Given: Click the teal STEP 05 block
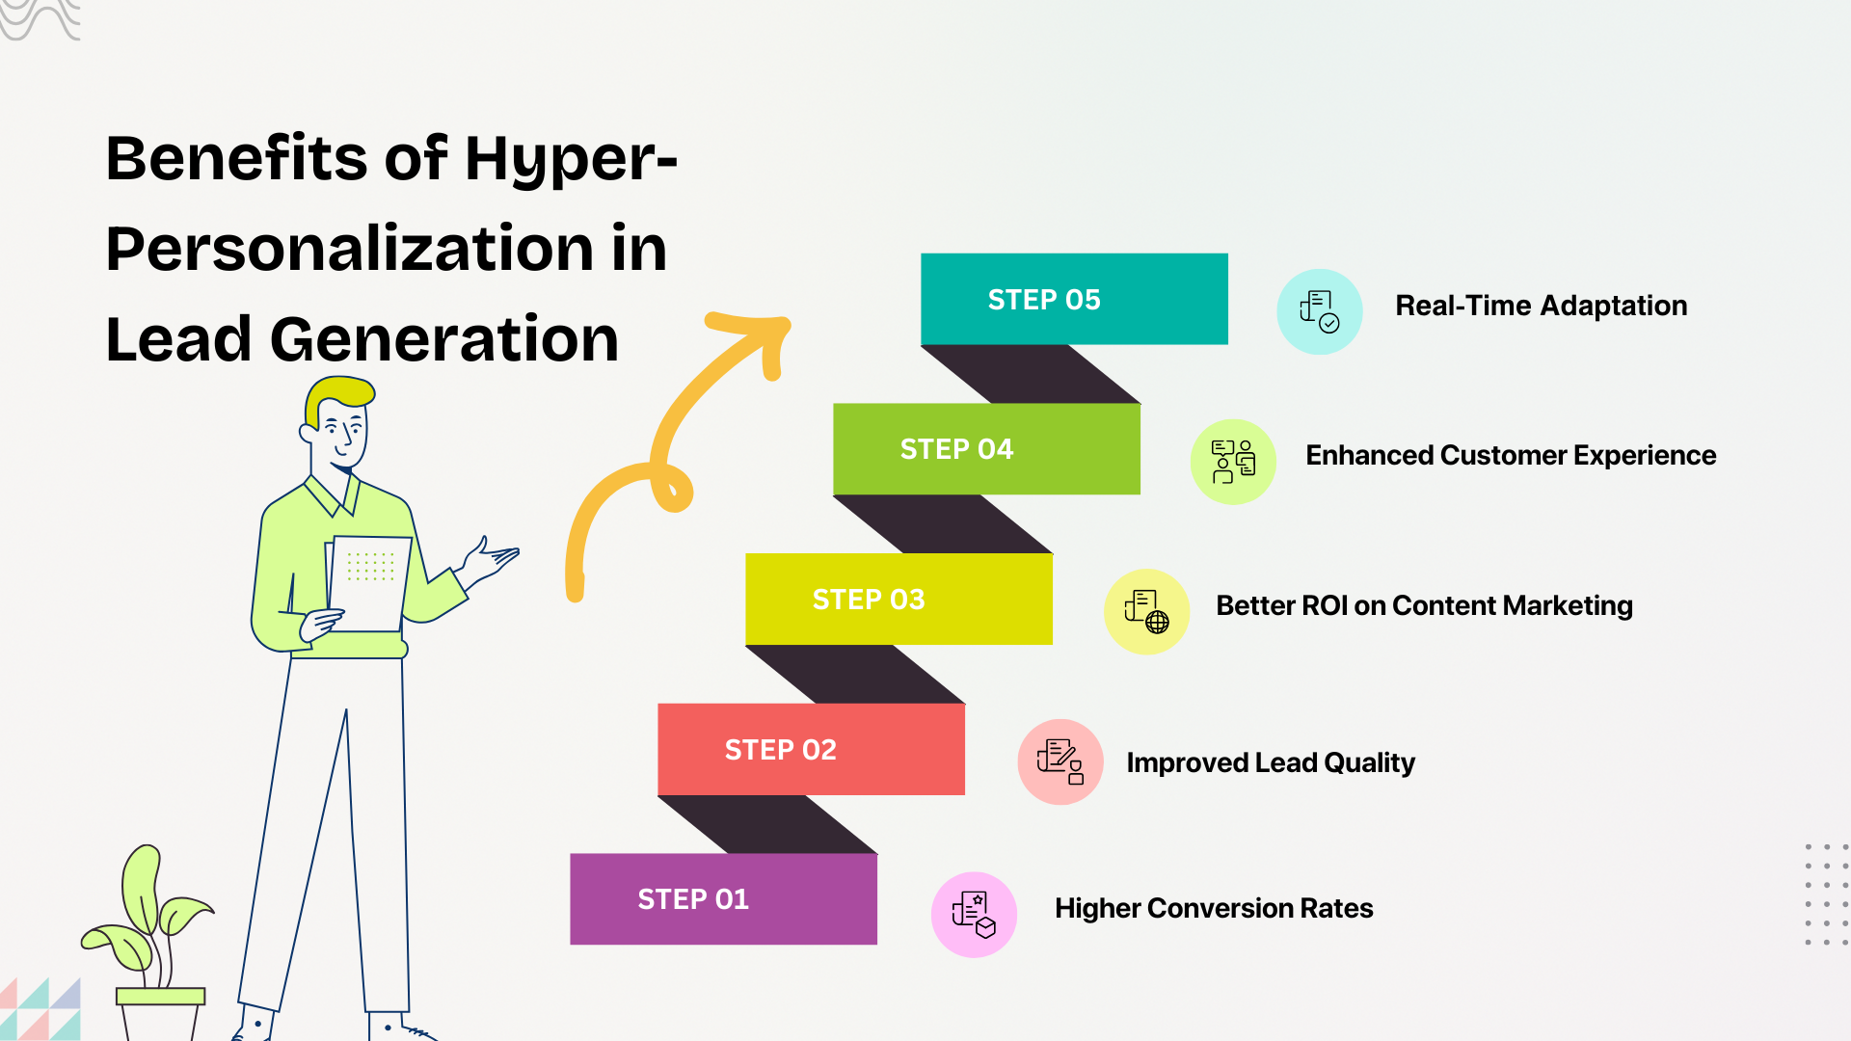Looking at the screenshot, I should point(1074,299).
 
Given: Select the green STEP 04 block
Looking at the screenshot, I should point(986,449).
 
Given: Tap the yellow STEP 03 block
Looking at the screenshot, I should point(899,599).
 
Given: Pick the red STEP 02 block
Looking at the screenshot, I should point(811,749).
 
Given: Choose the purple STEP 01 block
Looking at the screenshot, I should point(723,898).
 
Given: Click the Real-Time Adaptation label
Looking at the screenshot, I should point(1541,306).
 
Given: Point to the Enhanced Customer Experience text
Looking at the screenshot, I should point(1510,455).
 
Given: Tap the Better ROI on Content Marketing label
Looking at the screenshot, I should point(1424,605).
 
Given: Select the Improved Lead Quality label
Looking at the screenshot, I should point(1270,762).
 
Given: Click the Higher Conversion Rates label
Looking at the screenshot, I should point(1214,908).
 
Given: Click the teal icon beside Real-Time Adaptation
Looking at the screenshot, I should point(1319,311).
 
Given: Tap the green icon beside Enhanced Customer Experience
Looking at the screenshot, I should point(1233,462).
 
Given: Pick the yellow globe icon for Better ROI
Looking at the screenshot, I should point(1146,611).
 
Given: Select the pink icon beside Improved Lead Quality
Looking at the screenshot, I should point(1060,761).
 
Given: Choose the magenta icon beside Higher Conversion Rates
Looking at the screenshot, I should point(974,915).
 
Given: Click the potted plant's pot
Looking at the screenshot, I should point(160,1012).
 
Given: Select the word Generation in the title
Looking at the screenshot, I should point(443,339).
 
